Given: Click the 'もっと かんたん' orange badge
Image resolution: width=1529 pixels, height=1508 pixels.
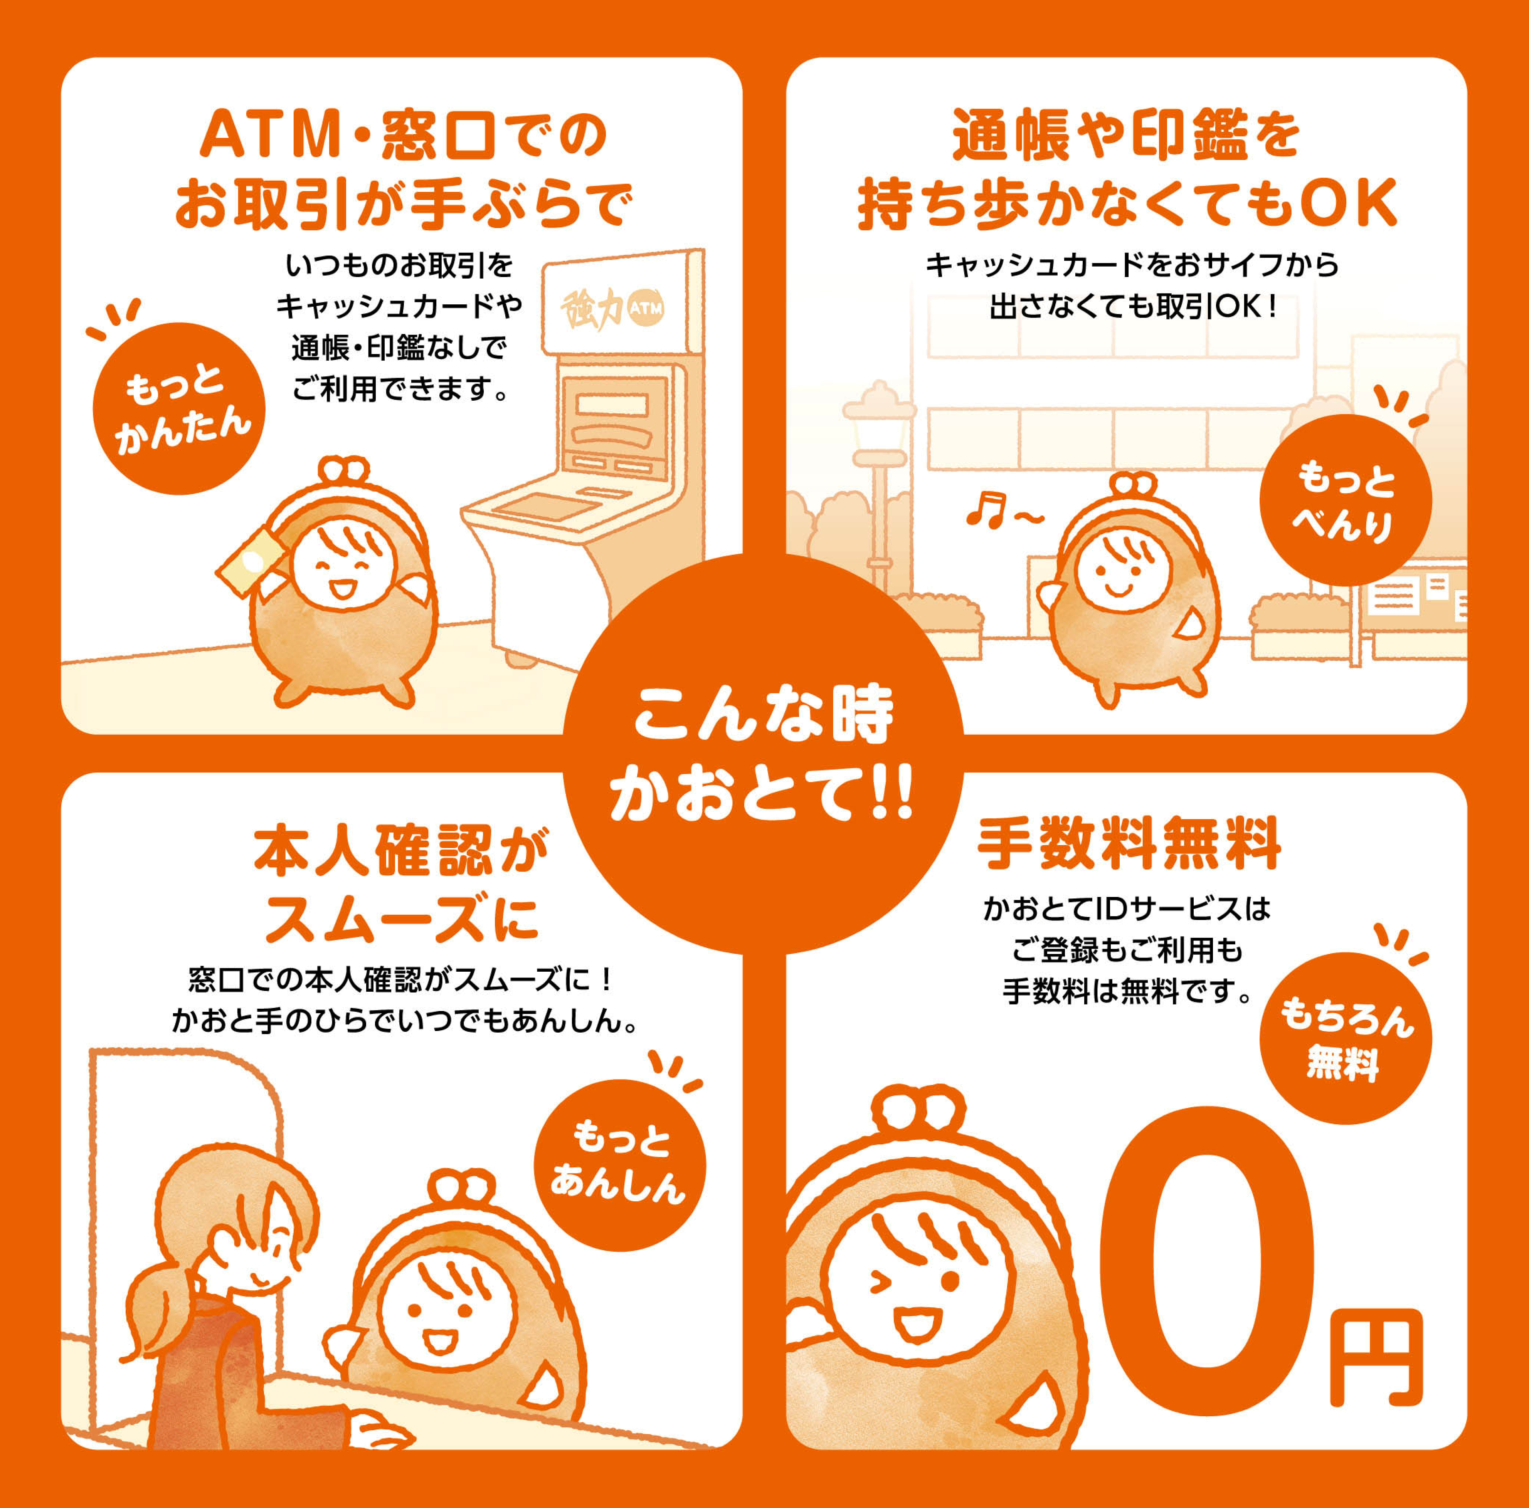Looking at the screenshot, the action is coord(179,408).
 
